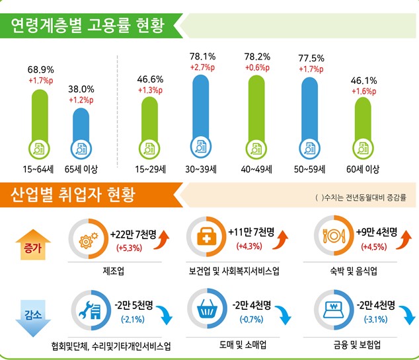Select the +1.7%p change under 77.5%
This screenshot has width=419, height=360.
(311, 69)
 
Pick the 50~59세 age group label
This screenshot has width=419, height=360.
(311, 169)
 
